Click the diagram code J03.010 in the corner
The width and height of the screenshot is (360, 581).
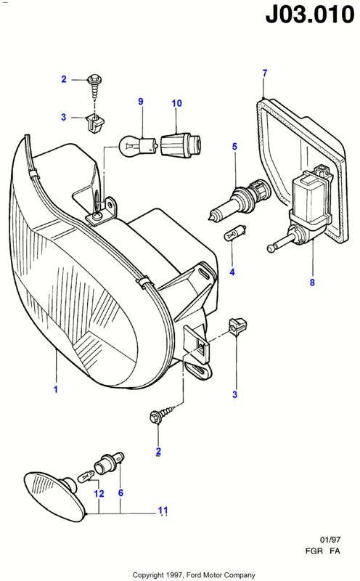point(310,15)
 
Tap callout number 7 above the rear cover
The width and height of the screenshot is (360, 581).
point(264,73)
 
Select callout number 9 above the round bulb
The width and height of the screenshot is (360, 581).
point(141,101)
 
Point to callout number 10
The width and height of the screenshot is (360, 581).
point(176,103)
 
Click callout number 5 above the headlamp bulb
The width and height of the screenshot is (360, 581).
point(234,147)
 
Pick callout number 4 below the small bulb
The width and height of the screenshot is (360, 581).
point(232,272)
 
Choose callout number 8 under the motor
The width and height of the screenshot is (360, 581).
point(312,283)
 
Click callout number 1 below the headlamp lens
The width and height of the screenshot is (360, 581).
point(56,389)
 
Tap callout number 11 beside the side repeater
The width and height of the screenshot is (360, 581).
point(163,511)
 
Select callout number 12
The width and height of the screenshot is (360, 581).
point(99,494)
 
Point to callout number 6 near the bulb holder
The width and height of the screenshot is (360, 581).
point(120,492)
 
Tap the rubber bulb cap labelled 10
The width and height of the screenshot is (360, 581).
point(181,144)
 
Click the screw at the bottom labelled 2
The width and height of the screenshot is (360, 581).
point(161,413)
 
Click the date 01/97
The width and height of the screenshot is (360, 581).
point(330,540)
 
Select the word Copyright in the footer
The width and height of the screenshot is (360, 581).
point(148,574)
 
